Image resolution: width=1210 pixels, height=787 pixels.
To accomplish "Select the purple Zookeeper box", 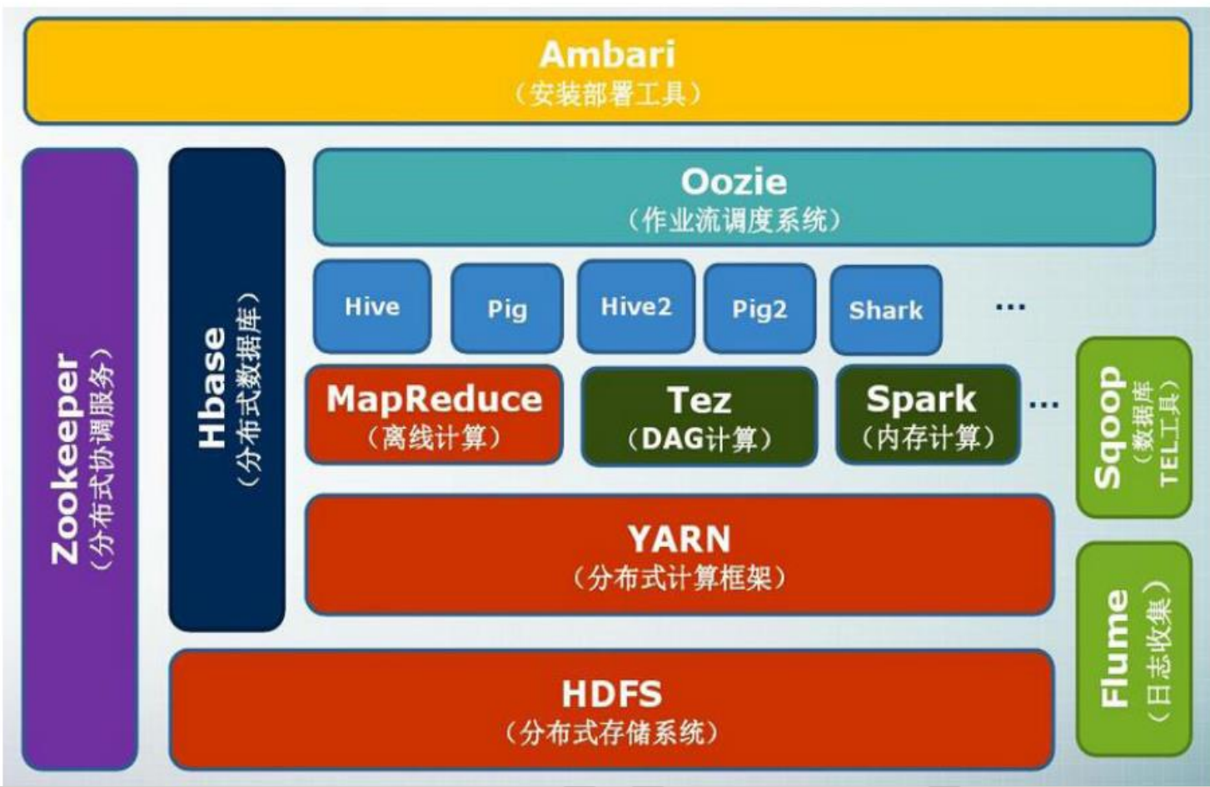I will tap(80, 458).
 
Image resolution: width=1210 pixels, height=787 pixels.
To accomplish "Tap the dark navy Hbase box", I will tap(227, 388).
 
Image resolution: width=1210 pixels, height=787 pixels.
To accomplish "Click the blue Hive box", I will tap(372, 306).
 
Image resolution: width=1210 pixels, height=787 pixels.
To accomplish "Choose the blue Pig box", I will tap(506, 309).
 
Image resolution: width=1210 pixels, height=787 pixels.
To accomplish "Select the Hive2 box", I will tap(635, 306).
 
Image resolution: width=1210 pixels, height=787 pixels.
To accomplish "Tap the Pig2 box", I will tap(759, 309).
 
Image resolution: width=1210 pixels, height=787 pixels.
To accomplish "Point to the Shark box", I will tap(885, 310).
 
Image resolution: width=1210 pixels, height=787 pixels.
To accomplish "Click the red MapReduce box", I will tap(434, 415).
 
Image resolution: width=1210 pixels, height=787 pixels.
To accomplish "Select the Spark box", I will tap(927, 415).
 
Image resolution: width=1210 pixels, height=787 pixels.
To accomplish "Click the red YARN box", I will tap(679, 555).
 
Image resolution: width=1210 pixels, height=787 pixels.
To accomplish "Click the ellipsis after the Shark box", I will tap(1010, 307).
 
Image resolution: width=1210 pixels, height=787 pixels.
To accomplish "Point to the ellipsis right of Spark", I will tap(1043, 405).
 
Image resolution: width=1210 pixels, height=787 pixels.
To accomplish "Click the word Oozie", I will tap(733, 182).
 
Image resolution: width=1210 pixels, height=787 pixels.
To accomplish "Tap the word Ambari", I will tap(606, 55).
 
